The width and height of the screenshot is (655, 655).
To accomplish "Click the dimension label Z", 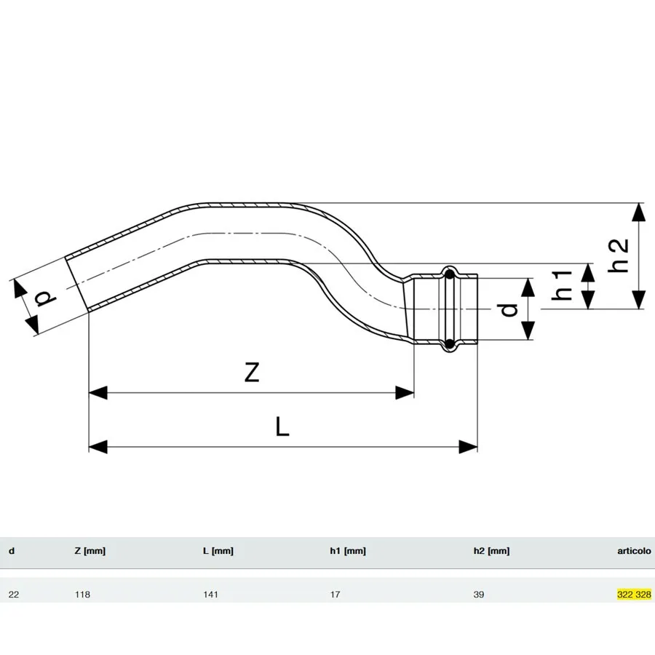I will coord(251,372).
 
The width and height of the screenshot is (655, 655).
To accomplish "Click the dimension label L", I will coord(282,426).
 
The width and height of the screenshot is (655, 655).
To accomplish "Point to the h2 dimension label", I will coord(619,255).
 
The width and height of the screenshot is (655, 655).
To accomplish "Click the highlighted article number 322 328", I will coord(633,595).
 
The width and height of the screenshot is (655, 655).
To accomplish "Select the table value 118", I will coord(84,595).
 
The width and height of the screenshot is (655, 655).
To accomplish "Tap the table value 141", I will coord(210,595).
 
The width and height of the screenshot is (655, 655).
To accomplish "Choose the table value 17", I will coord(335,595).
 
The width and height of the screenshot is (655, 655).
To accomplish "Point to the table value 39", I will coord(479,595).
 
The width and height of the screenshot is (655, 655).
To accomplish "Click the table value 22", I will coord(14,595).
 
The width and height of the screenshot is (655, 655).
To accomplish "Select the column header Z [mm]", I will coord(90,552).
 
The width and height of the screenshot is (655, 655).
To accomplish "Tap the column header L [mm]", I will coord(218,552).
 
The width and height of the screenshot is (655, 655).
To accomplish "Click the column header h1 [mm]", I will coord(347,552).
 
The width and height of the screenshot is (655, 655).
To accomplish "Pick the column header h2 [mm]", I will coord(491,552).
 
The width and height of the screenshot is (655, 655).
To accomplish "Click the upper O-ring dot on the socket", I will coord(450,275).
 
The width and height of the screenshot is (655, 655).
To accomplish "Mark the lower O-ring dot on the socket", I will coord(450,343).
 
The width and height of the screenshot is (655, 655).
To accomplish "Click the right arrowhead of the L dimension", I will coord(469,446).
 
